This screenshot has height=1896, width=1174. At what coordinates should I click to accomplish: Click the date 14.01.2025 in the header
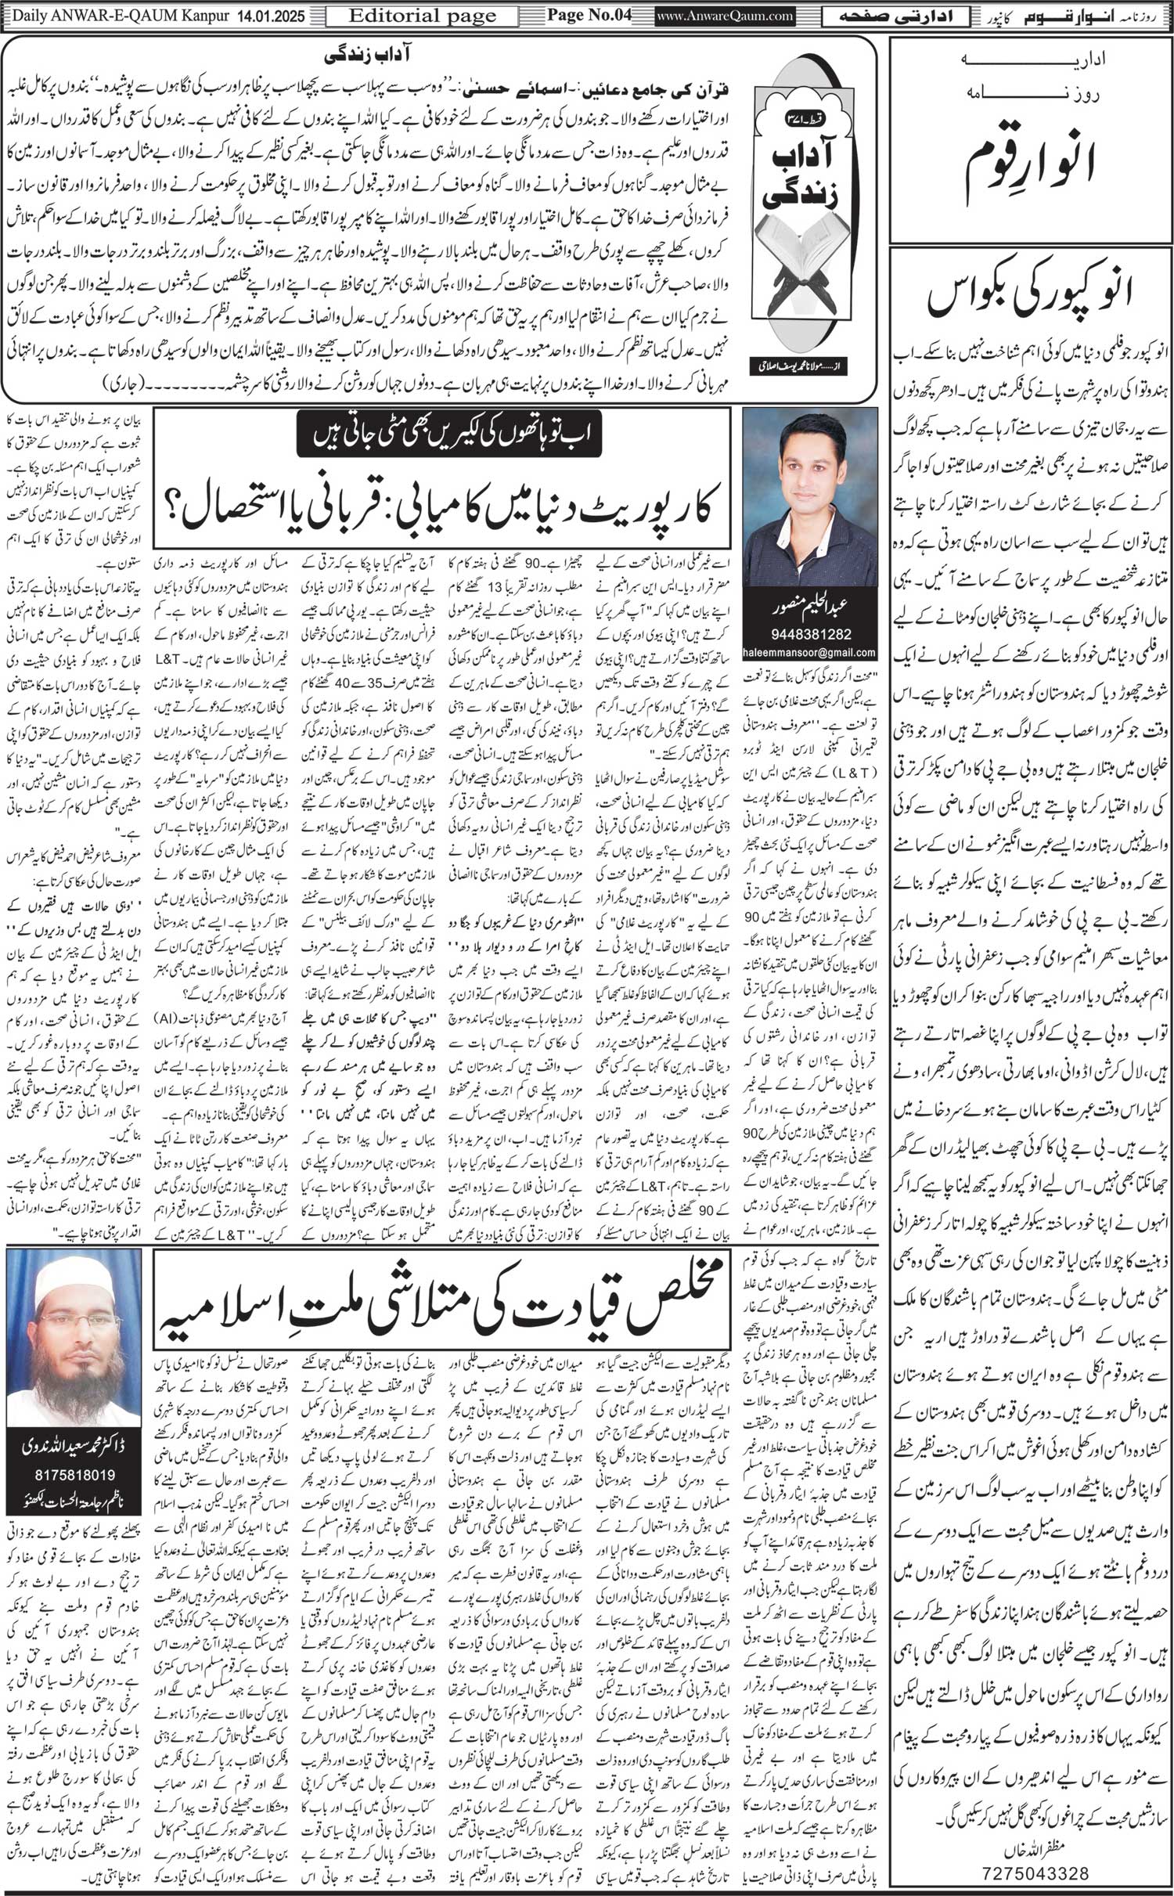pos(272,15)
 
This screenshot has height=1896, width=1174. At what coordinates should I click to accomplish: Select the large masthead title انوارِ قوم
pos(1031,157)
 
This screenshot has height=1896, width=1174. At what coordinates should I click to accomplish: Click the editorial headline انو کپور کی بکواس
pos(1031,299)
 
